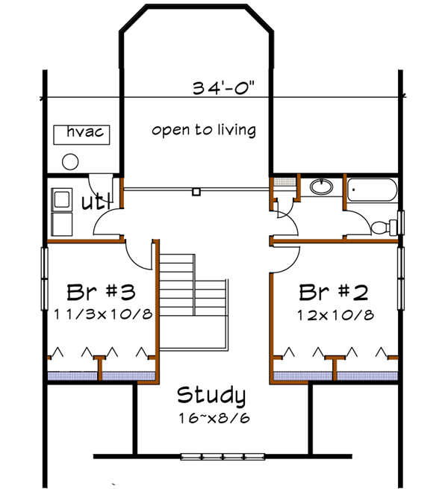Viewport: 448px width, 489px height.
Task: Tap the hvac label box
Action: [x=83, y=134]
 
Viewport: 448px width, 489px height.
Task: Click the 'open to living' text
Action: [x=203, y=131]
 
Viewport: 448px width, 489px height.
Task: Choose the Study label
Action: [x=211, y=395]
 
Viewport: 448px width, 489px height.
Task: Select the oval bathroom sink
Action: [x=321, y=187]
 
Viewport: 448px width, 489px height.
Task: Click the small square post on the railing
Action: [x=196, y=192]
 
